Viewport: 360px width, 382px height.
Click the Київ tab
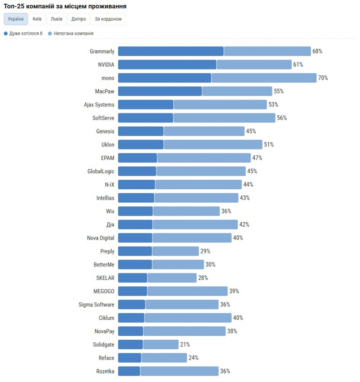point(37,19)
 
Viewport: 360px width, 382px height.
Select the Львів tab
point(56,19)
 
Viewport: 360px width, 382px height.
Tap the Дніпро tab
point(78,19)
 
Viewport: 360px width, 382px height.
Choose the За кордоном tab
point(108,19)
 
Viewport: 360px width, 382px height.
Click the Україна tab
point(16,19)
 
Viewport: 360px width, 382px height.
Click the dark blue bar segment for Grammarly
point(171,51)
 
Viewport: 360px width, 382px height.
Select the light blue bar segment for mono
point(264,78)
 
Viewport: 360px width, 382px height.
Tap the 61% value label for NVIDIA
point(298,65)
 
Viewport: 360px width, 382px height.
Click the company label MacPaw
point(105,91)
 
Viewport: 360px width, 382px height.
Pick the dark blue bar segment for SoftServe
point(146,118)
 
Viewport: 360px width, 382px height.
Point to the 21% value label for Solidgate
point(185,344)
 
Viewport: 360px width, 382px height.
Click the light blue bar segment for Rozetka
point(179,371)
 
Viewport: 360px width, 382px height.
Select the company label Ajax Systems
point(99,105)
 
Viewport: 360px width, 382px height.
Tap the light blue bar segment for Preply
point(175,251)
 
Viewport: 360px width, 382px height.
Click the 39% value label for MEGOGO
point(234,291)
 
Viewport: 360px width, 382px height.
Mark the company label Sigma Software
point(97,305)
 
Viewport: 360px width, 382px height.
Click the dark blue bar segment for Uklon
point(141,144)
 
